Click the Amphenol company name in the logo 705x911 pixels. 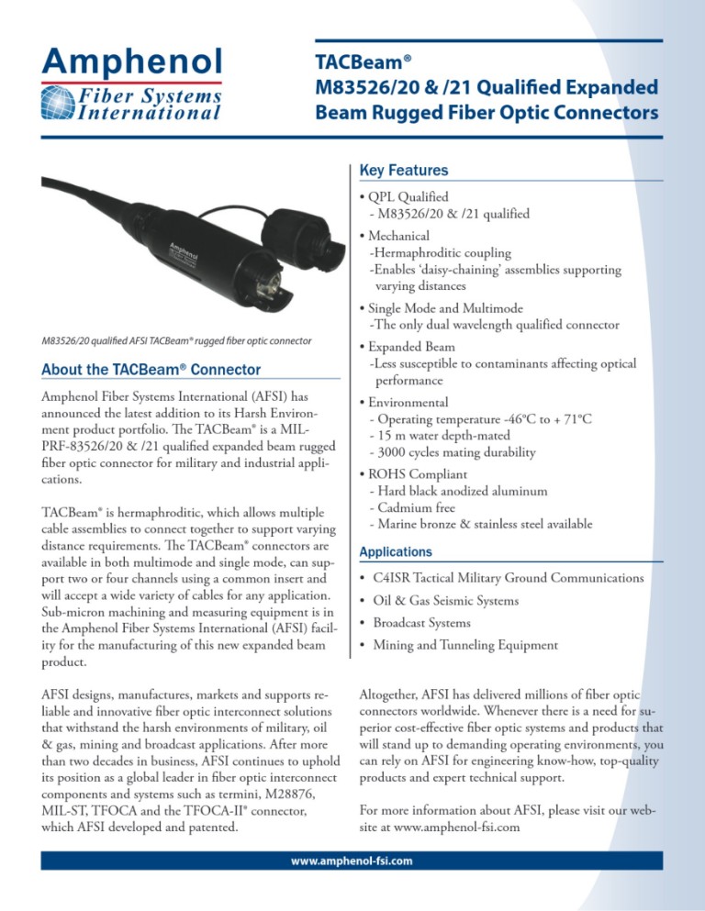pos(130,61)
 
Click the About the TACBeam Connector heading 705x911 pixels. pos(151,371)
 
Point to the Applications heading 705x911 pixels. pos(397,552)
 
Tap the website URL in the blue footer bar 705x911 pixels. pos(352,861)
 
